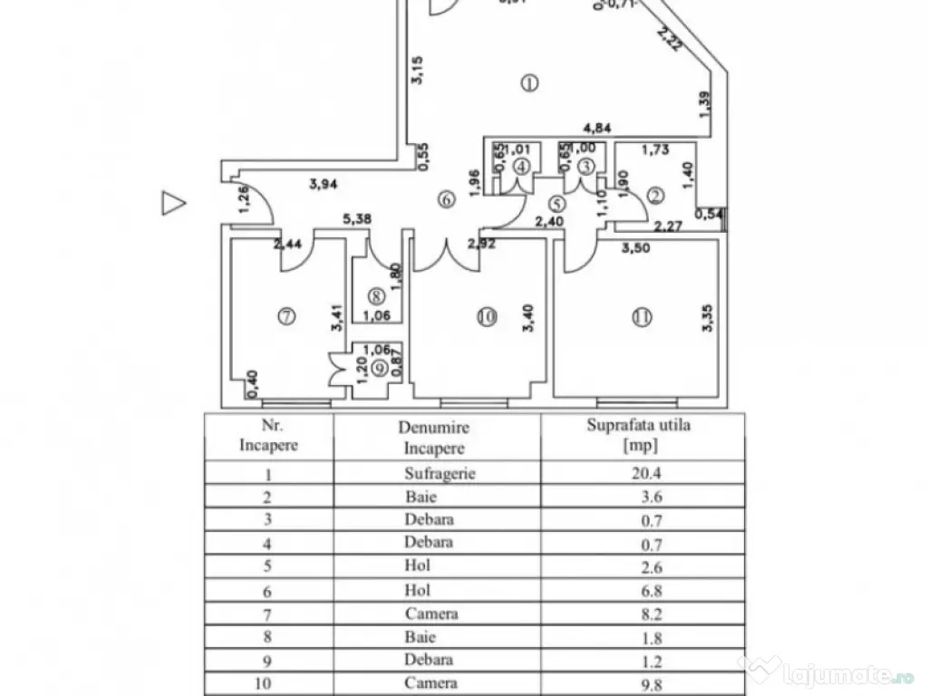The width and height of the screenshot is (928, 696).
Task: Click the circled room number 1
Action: [530, 83]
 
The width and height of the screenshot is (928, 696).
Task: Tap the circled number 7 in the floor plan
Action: [285, 316]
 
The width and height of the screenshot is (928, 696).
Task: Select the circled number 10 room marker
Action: [487, 316]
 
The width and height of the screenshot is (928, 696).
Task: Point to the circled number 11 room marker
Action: [643, 316]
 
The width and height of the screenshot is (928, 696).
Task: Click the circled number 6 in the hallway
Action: [445, 200]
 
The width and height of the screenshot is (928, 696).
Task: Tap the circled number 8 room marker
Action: [375, 295]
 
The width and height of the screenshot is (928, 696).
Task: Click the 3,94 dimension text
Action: [324, 185]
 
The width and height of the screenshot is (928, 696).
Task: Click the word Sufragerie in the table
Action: [440, 473]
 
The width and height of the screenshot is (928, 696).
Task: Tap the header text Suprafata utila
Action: [638, 424]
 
